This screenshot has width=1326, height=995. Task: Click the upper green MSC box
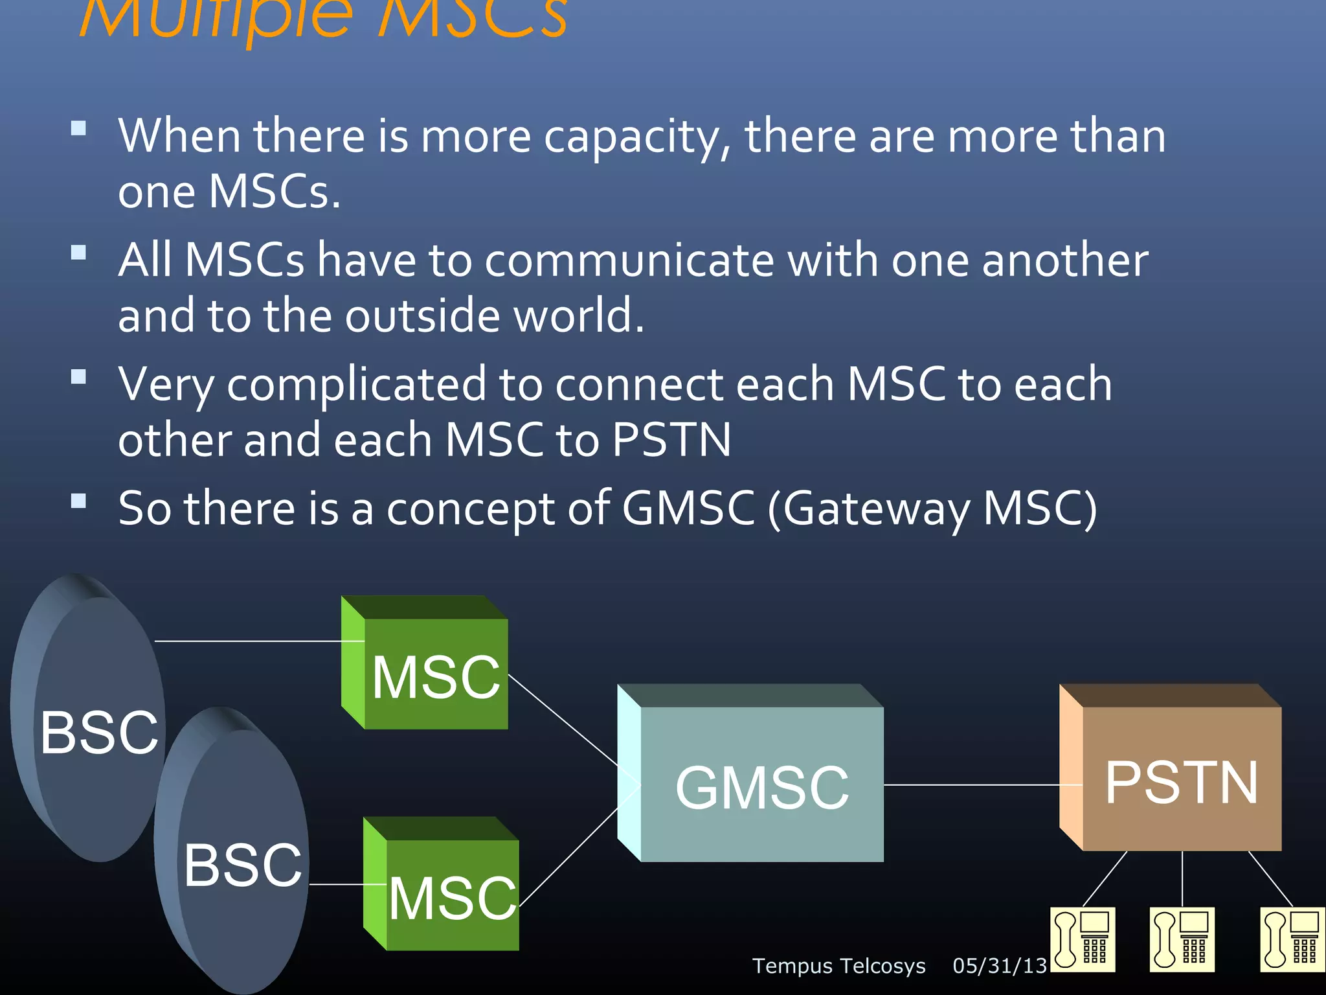click(x=435, y=674)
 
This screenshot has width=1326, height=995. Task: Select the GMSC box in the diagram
click(x=761, y=785)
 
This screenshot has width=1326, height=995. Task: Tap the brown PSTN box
click(x=1181, y=780)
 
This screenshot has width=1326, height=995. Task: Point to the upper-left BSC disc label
click(x=99, y=732)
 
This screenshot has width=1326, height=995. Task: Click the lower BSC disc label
click(x=243, y=865)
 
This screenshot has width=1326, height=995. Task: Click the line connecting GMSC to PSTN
click(x=971, y=784)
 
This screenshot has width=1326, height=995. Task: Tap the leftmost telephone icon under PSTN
click(x=1083, y=940)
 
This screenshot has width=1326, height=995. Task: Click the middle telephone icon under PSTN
click(x=1182, y=940)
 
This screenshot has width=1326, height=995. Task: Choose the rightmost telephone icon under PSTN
click(x=1292, y=940)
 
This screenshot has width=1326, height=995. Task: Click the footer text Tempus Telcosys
click(x=838, y=966)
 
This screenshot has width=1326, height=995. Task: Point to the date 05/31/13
click(x=1000, y=966)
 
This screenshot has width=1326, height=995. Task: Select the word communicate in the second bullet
click(x=629, y=260)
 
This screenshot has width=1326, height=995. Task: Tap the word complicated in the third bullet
click(x=356, y=385)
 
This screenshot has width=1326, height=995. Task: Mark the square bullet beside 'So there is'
click(x=78, y=500)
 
